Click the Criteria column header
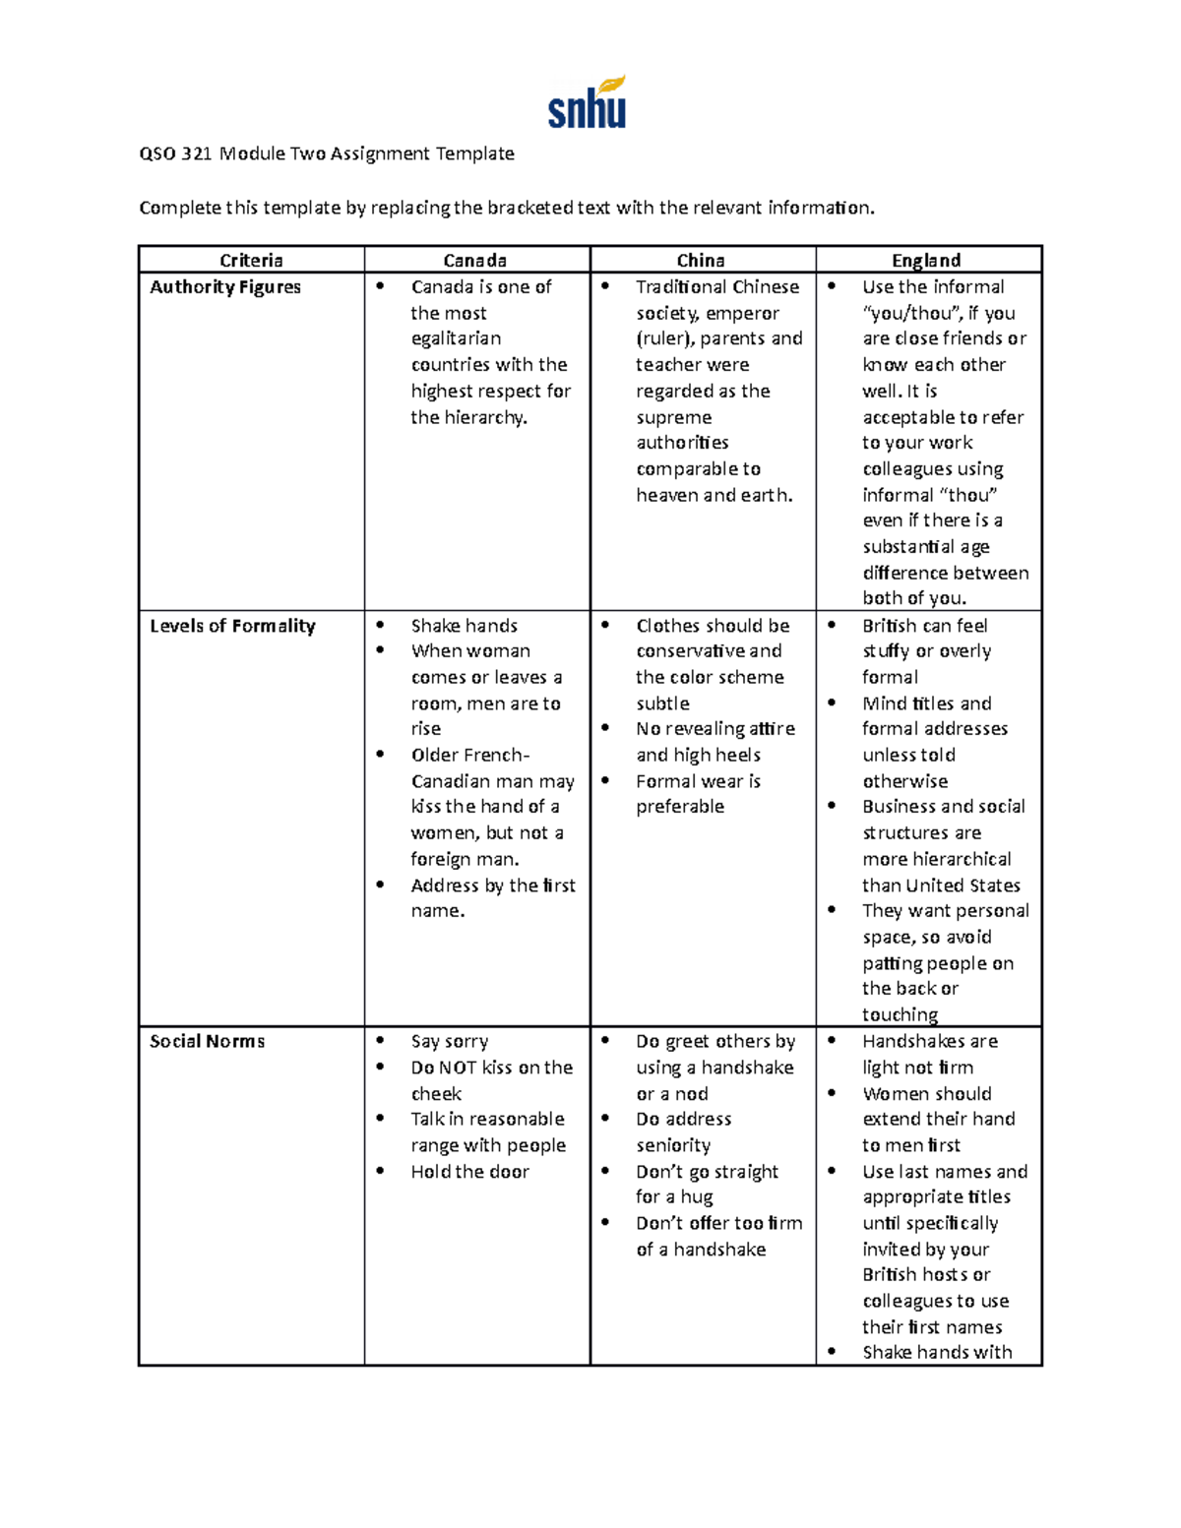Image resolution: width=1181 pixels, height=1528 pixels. [251, 260]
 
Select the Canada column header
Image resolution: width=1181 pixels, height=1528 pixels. [474, 260]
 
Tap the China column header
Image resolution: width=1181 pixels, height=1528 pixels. [701, 260]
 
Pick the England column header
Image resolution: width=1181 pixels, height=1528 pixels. [926, 260]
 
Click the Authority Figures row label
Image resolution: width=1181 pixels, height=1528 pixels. [225, 287]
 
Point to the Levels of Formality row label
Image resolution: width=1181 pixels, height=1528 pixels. [232, 626]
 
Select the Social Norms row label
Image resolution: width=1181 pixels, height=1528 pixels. [207, 1041]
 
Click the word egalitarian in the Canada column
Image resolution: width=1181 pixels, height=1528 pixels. [456, 338]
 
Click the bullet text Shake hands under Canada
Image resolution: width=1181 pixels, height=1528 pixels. [464, 626]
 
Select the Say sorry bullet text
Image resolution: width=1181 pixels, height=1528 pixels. [449, 1041]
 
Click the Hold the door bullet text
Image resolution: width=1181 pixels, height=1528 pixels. [469, 1172]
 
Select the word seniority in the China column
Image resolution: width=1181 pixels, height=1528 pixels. [673, 1145]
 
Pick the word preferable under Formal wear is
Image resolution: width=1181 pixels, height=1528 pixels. [680, 807]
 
